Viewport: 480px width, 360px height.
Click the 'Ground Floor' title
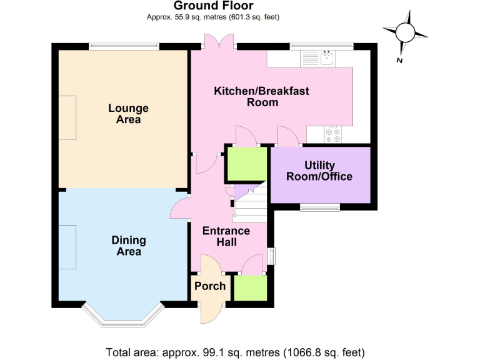(x=212, y=7)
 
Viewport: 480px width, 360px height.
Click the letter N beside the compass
(x=399, y=60)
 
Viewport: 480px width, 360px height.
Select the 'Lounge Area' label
(x=128, y=114)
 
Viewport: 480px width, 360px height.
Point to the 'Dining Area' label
(x=129, y=246)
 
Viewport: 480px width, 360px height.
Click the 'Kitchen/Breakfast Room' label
(x=262, y=97)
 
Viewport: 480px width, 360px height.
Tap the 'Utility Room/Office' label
(x=319, y=171)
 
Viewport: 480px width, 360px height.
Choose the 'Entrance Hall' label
(x=226, y=236)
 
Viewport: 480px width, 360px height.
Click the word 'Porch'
(x=209, y=286)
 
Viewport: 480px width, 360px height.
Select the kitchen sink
(x=325, y=59)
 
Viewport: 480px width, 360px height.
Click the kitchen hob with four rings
(x=331, y=135)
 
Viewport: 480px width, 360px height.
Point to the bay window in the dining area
(x=122, y=316)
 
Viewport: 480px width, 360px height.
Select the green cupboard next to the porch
(x=249, y=289)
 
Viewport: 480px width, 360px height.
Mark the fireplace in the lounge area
(x=67, y=118)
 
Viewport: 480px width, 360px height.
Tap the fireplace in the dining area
(x=67, y=247)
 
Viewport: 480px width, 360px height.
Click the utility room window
(x=319, y=207)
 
